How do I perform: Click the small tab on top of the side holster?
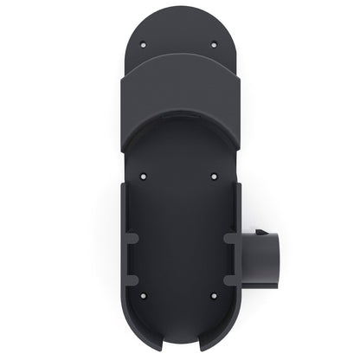tap(263, 233)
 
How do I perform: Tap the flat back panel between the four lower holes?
tap(179, 239)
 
